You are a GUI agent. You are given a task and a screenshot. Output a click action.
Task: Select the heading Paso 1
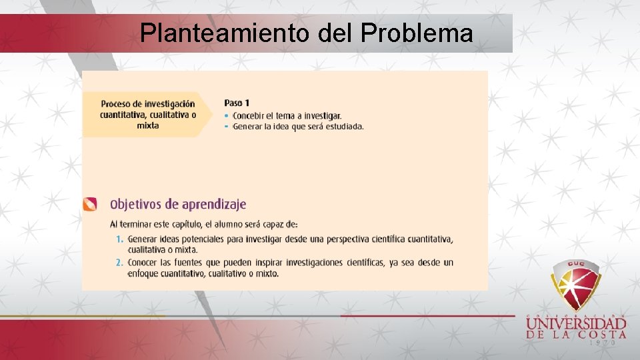237,103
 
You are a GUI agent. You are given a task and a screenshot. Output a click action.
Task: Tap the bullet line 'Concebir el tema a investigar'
287,116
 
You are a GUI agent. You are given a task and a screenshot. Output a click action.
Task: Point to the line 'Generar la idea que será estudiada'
298,126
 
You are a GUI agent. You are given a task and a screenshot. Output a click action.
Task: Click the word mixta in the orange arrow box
148,125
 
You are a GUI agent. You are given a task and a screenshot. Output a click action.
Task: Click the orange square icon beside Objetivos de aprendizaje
90,204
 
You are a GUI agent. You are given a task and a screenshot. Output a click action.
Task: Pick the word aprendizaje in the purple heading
212,204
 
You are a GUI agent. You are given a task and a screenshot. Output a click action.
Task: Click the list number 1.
119,239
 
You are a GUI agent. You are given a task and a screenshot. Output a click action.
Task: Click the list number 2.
119,263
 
